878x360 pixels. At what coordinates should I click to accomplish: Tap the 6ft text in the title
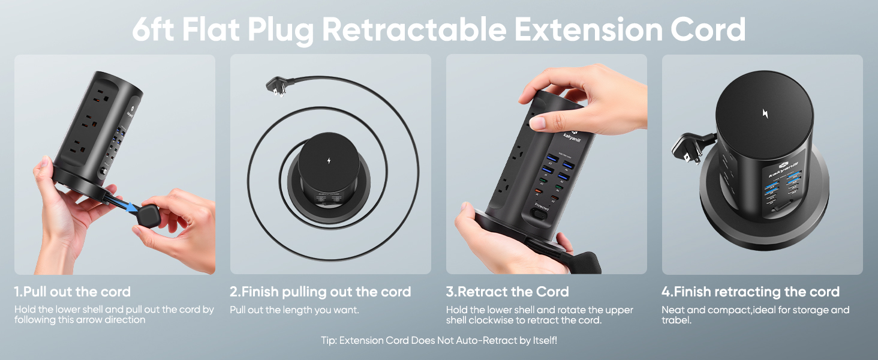point(154,29)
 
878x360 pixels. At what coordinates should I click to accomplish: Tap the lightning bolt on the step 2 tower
point(328,161)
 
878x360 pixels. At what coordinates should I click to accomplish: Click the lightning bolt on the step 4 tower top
point(765,113)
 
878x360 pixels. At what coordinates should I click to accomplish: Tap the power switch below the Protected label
point(542,214)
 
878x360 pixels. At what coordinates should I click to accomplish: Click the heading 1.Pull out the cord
point(73,292)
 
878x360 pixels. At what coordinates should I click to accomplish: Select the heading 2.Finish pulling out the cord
point(320,292)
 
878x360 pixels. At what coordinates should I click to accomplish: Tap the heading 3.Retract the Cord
point(507,292)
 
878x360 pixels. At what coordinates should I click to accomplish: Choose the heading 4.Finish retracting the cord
point(750,292)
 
